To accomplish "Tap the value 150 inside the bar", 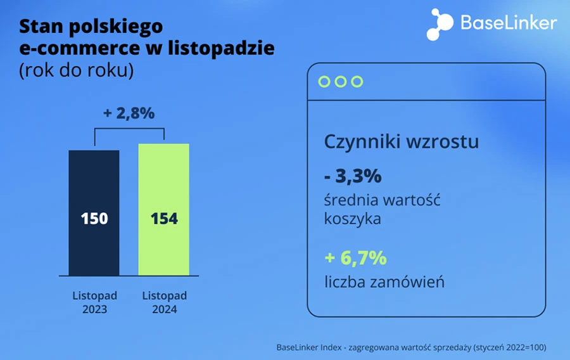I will coord(94,219).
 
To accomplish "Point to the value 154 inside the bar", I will coord(164,219).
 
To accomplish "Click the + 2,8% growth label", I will coord(129,113).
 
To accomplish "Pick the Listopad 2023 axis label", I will coord(94,303).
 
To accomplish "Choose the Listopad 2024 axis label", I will coord(164,303).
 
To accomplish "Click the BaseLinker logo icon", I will coord(440,24).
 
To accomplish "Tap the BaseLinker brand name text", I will coord(509,23).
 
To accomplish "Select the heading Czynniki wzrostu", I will coord(401,141).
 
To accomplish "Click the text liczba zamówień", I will coord(384,282).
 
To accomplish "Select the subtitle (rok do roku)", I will coord(76,70).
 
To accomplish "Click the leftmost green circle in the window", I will coord(324,82).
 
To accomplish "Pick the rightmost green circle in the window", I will coord(357,82).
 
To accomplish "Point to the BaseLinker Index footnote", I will coord(411,347).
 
